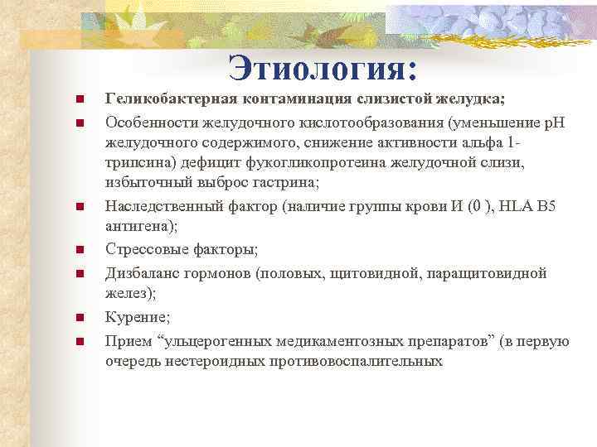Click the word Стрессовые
[145, 249]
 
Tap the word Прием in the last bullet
[125, 340]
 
